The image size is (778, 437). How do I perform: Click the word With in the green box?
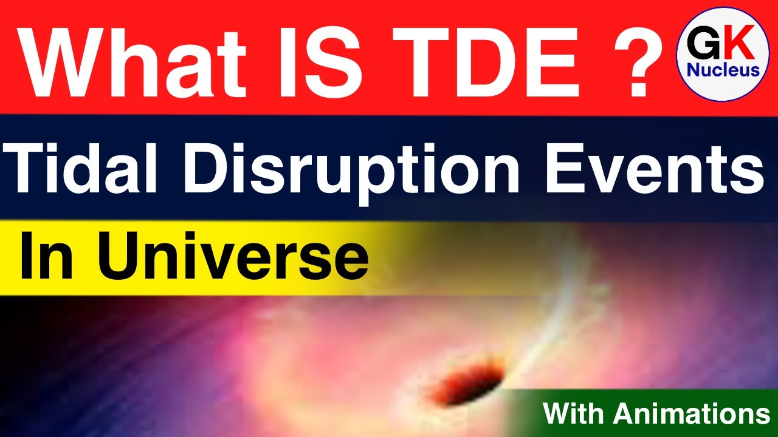click(575, 414)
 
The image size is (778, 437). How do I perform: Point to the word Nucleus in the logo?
click(723, 70)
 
